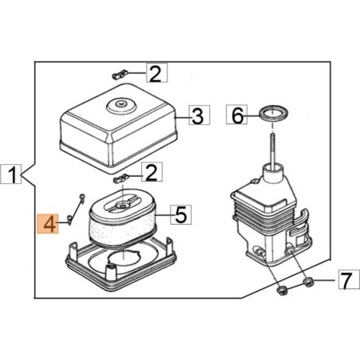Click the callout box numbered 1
tap(13, 172)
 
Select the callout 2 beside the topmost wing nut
tap(155, 74)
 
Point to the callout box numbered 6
tap(235, 116)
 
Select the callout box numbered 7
tap(344, 280)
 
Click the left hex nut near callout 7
tap(283, 288)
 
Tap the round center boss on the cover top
tap(122, 102)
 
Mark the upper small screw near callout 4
tap(82, 196)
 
